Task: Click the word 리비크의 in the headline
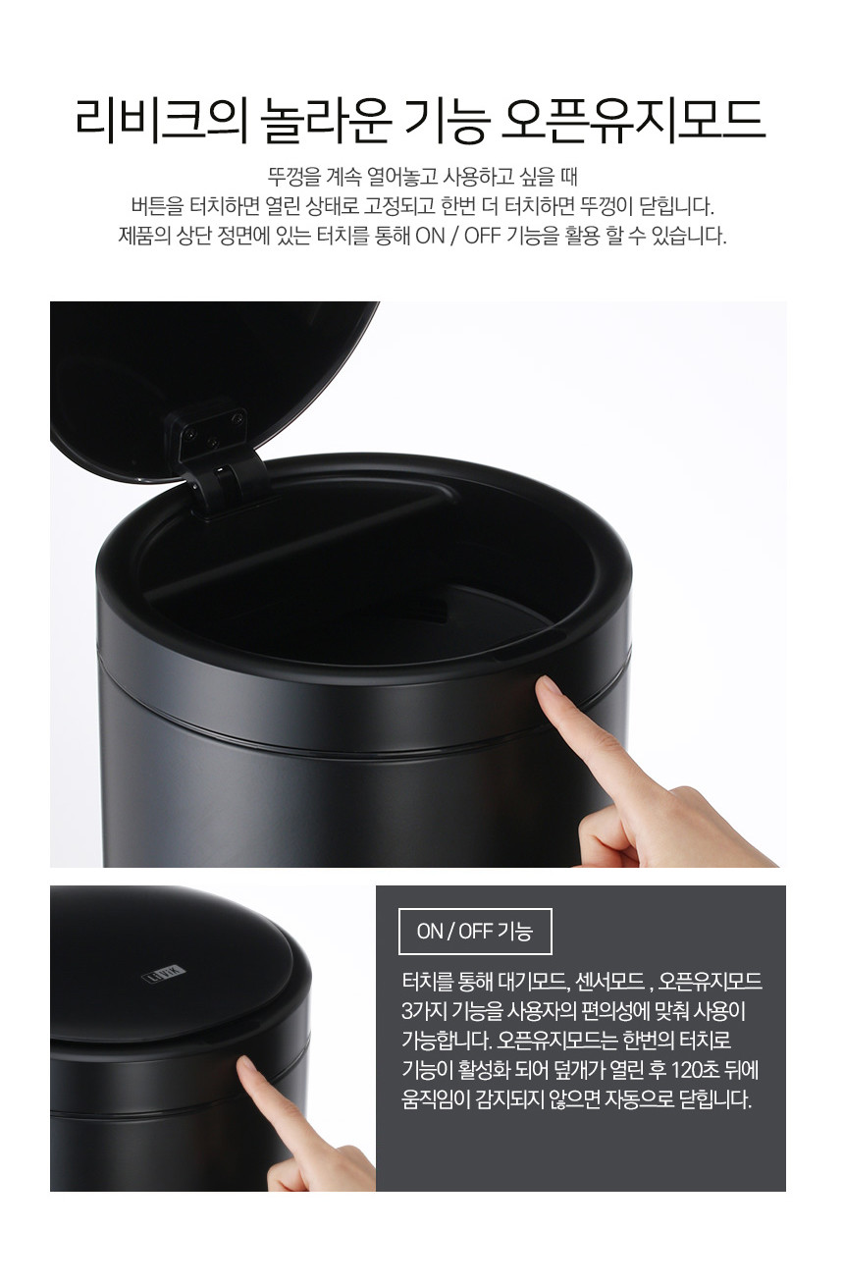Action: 162,121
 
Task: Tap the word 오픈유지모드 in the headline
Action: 634,121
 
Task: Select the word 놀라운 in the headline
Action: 326,121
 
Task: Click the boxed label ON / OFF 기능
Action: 475,932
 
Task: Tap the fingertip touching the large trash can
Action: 549,688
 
